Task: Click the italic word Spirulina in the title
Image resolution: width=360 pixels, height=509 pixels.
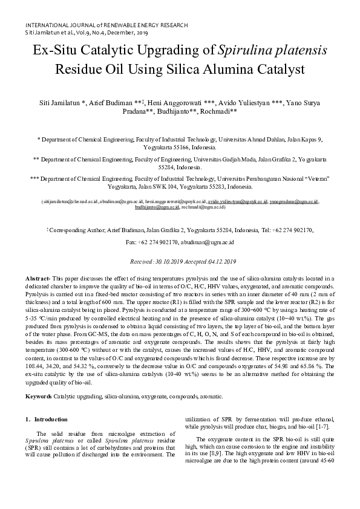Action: pos(248,51)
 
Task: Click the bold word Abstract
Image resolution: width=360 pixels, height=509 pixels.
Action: pos(38,278)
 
